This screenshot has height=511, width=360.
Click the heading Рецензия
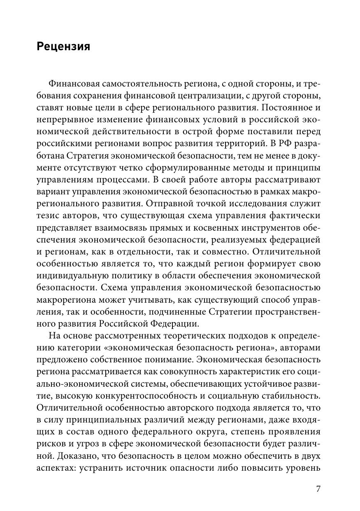click(x=63, y=46)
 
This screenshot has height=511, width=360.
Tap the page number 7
click(x=318, y=489)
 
